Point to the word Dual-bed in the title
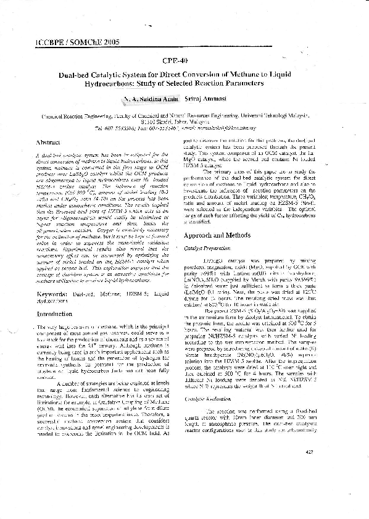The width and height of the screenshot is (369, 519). tap(78, 75)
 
